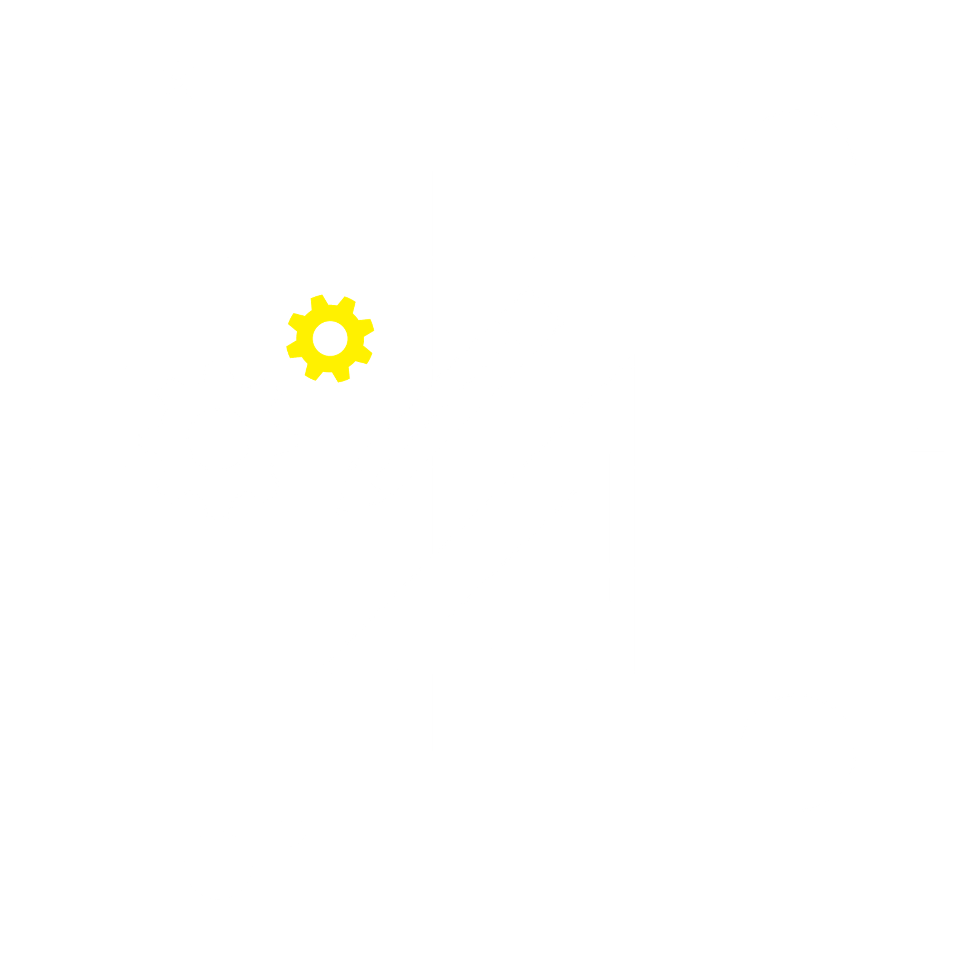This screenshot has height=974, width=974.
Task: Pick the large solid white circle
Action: [x=218, y=866]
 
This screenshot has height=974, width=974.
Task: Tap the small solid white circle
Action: [x=291, y=832]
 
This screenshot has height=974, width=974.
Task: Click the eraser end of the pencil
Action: [x=530, y=321]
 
